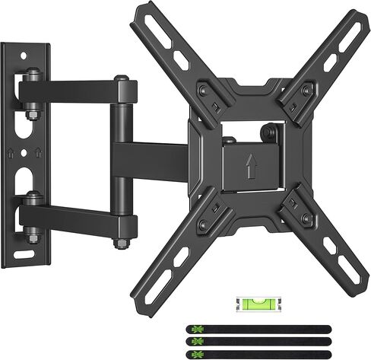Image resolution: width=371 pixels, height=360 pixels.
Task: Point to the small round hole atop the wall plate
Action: tap(33, 56)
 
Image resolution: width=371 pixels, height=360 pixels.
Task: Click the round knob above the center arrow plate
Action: tap(271, 134)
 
